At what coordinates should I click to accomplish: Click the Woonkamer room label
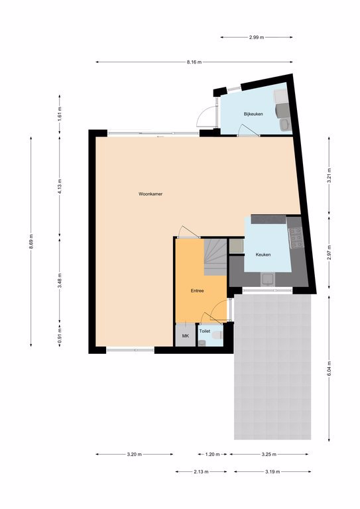click(150, 194)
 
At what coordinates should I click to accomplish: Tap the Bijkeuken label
click(253, 114)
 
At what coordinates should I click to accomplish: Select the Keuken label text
click(263, 254)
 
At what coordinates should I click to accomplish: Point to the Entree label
click(197, 291)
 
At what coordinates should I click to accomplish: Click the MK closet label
click(186, 336)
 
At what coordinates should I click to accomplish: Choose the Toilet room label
click(205, 331)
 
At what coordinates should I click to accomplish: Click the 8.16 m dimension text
click(194, 62)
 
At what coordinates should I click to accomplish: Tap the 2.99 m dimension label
click(257, 37)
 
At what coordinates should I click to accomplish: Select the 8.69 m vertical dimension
click(31, 241)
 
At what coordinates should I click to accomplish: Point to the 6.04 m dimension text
click(329, 368)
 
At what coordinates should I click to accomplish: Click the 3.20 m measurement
click(134, 455)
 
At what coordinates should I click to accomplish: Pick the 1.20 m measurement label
click(213, 455)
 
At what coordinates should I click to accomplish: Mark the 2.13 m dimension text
click(201, 472)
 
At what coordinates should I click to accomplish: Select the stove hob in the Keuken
click(296, 238)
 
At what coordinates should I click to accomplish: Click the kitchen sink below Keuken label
click(268, 279)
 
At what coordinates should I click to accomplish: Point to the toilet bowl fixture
click(217, 335)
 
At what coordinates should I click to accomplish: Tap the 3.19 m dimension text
click(272, 472)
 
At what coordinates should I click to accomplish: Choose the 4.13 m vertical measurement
click(60, 186)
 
